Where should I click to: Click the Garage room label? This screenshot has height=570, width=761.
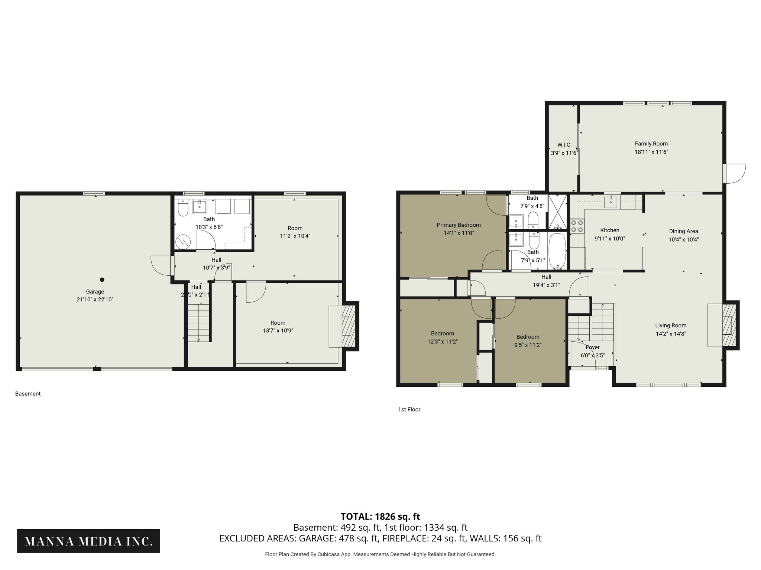pos(95,292)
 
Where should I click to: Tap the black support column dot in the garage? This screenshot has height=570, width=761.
pos(102,279)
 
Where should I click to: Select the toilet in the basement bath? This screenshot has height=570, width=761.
pos(183,208)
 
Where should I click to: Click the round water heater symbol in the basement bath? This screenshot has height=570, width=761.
pos(183,242)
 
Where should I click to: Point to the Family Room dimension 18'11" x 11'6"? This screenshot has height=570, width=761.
pos(651,152)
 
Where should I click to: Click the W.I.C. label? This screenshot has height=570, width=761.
pos(564,145)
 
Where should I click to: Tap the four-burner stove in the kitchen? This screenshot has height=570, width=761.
pos(577,226)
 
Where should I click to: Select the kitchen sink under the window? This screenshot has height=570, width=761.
pos(611,203)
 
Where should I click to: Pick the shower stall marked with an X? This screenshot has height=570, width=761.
pos(558,212)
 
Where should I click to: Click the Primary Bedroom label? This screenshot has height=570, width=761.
pos(459,225)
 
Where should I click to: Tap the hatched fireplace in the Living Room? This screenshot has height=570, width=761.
pos(728,325)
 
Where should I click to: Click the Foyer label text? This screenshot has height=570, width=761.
pos(592,347)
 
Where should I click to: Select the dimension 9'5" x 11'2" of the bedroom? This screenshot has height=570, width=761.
pos(528,345)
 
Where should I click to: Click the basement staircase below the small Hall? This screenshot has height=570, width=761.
pos(198,322)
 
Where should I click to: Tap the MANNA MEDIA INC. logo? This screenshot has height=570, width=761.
pos(88,541)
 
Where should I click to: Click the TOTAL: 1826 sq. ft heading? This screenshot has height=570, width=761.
pos(380,517)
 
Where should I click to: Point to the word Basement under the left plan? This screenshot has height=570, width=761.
pos(28,394)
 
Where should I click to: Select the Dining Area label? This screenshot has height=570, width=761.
pos(683,231)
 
